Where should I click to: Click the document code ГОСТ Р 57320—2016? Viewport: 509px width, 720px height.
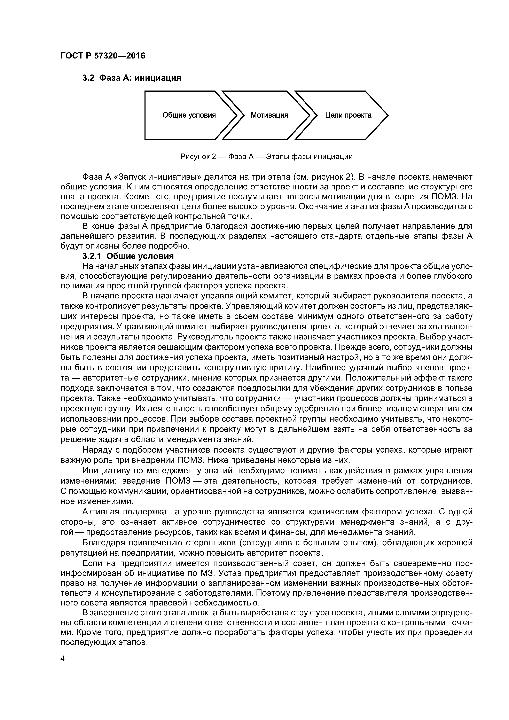(x=103, y=56)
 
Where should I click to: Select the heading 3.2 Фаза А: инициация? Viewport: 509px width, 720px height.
(x=132, y=78)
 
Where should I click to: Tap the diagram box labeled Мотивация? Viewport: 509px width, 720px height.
(x=269, y=115)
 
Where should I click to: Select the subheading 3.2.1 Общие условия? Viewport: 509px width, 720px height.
(x=128, y=256)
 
